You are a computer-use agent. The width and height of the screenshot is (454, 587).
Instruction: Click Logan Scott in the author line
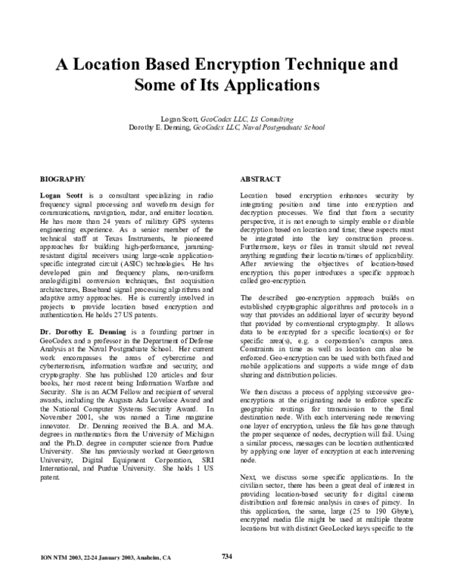point(179,120)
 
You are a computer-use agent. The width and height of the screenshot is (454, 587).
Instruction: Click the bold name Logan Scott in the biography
point(61,195)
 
